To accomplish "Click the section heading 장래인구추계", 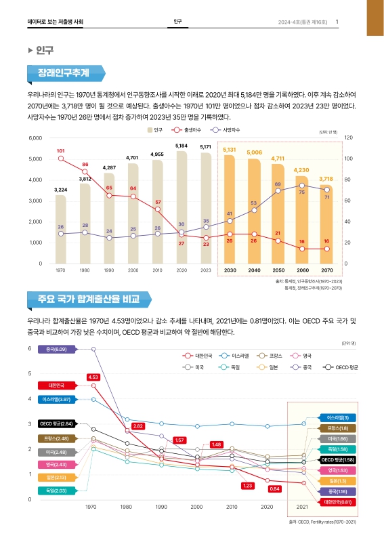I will point(64,72).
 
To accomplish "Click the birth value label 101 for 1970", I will point(60,150).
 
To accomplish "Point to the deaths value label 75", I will point(302,193).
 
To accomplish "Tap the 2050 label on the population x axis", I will point(278,270).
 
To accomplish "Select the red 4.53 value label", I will point(93,377).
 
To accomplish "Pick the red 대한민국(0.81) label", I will point(337,502).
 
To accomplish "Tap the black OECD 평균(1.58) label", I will point(337,459).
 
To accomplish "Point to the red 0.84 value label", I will point(274,488).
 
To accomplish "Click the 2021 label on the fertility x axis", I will point(303,506).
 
